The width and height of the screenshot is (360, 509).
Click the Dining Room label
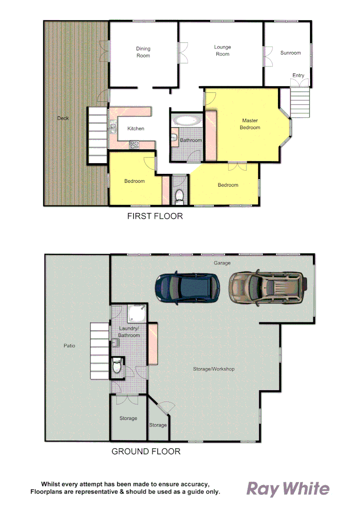pos(143,52)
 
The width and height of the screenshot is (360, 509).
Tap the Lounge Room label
pos(222,50)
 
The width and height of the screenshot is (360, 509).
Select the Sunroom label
pos(290,53)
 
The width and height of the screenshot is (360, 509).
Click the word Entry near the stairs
pos(298,75)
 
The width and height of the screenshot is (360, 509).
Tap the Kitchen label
pos(136,129)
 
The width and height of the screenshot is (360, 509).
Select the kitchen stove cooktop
pos(134,145)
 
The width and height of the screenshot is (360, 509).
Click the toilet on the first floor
pos(179,195)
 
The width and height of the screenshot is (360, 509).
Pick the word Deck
pos(63,118)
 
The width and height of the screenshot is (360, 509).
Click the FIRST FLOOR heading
pos(155,217)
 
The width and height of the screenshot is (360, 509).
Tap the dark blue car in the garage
pos(188,287)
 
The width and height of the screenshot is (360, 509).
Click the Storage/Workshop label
pos(214,369)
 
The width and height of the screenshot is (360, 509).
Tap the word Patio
pos(69,346)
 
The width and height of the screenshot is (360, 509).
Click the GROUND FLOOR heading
pos(146,452)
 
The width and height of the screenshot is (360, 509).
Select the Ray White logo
pos(288,489)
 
